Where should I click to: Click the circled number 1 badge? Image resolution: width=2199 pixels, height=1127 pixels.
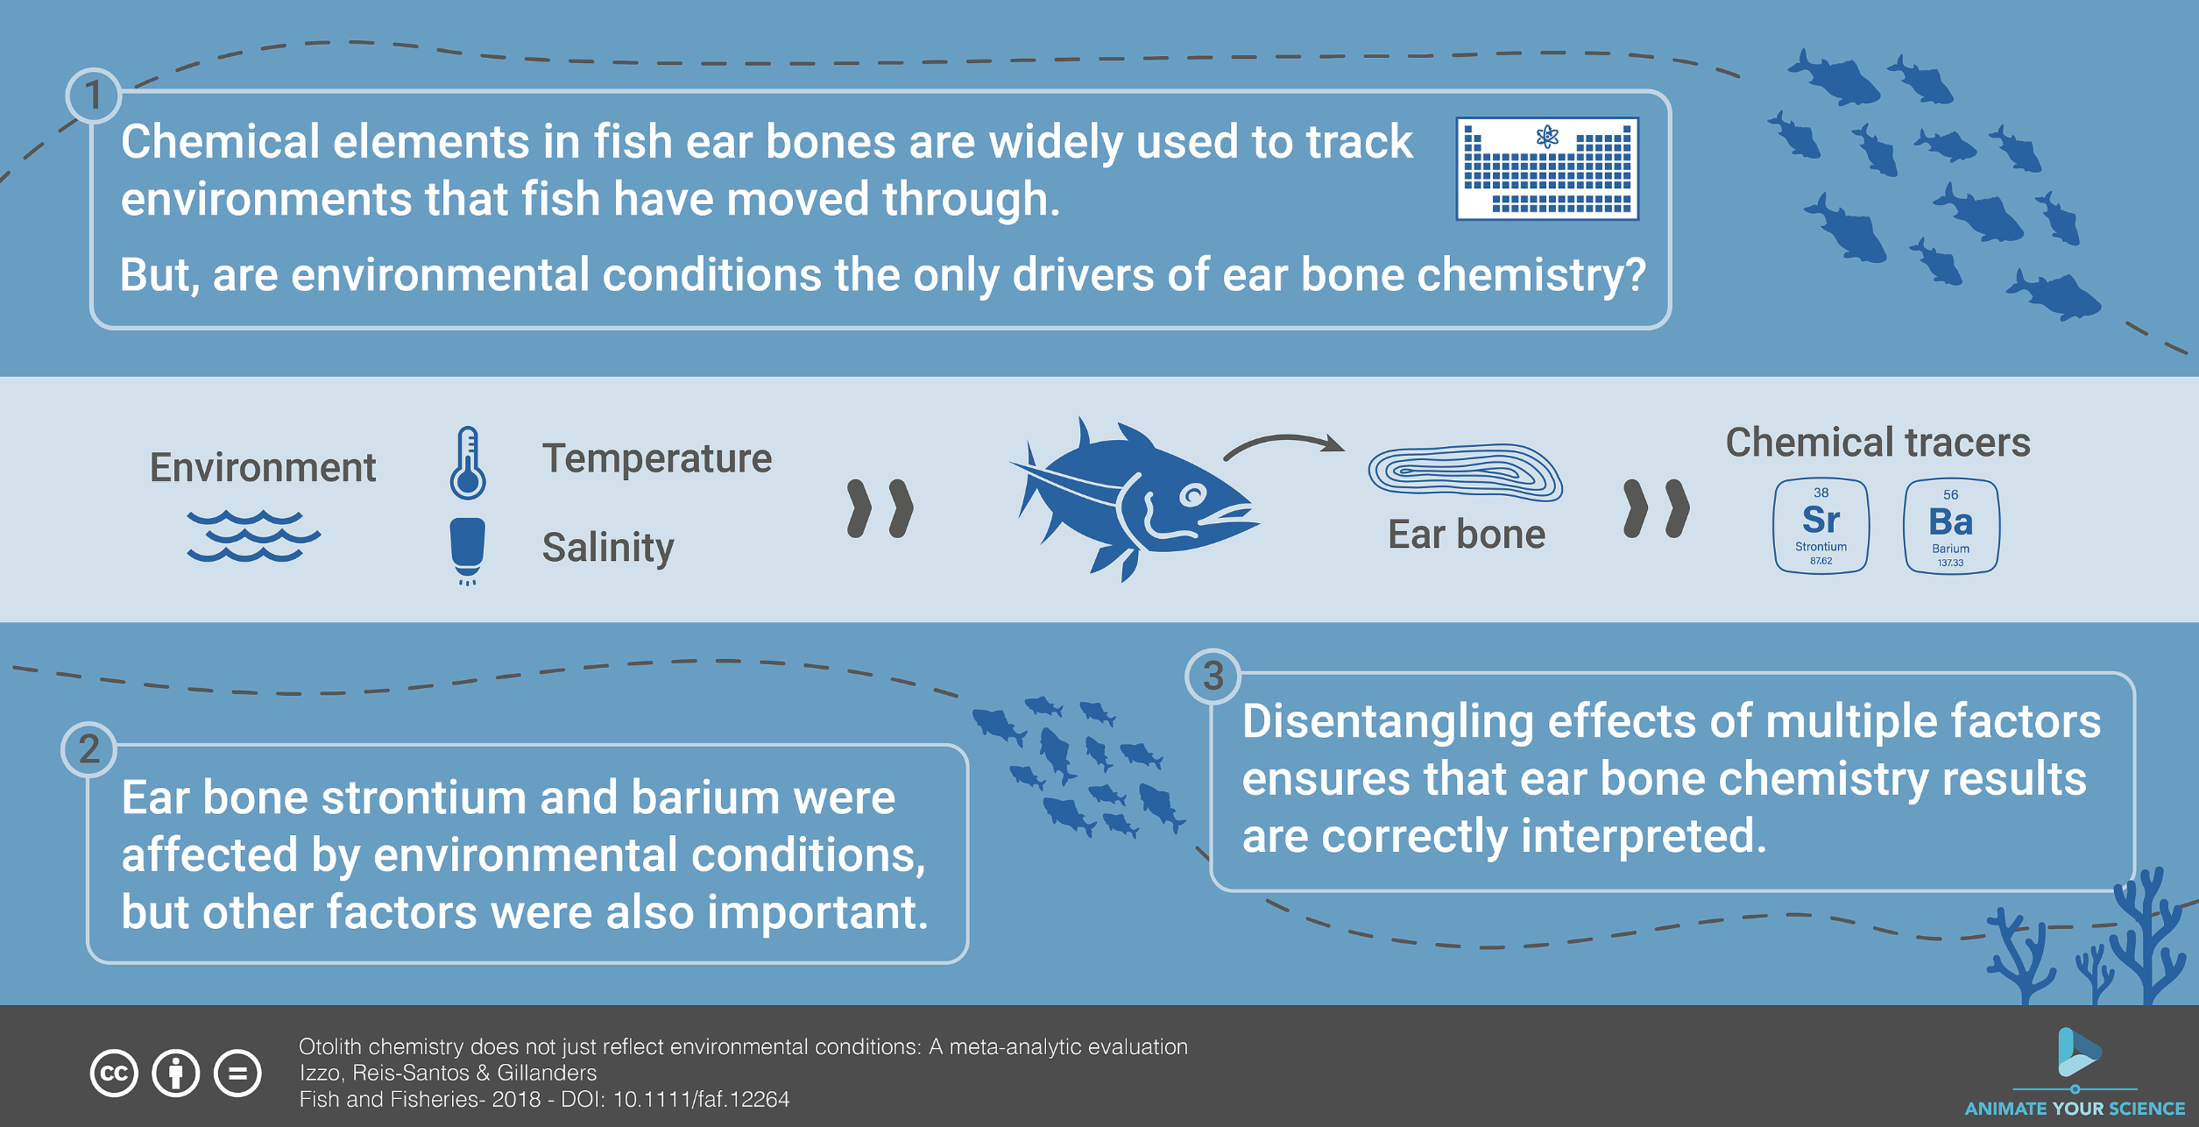click(94, 96)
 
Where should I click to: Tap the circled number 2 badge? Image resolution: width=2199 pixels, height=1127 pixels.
click(88, 749)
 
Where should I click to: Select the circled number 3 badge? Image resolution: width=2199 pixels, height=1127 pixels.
click(1213, 676)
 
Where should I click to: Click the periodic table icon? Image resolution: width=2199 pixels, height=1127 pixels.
click(1547, 168)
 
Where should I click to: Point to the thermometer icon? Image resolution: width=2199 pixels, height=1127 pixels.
click(468, 463)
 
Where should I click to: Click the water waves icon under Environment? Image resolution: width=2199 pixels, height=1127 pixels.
click(253, 535)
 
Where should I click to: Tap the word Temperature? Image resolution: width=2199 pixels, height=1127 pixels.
click(657, 458)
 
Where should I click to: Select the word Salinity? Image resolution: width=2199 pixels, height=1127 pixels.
click(608, 548)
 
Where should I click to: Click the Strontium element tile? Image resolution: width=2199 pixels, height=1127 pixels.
click(1821, 526)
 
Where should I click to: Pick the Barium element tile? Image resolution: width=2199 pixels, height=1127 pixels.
click(1951, 526)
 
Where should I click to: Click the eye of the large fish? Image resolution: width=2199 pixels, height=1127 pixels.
click(1192, 496)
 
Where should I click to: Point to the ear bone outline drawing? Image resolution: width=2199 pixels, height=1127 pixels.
click(1465, 472)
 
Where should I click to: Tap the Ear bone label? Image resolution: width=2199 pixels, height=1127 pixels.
click(1467, 535)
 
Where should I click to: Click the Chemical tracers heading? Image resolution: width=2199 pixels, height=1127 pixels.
click(1877, 443)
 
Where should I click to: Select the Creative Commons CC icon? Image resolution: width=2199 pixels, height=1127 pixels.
click(114, 1073)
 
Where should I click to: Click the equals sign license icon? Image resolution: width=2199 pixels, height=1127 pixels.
click(237, 1073)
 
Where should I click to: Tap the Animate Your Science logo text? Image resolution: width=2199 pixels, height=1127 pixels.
click(2075, 1109)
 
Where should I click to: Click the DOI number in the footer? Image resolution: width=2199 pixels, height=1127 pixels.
click(701, 1099)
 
